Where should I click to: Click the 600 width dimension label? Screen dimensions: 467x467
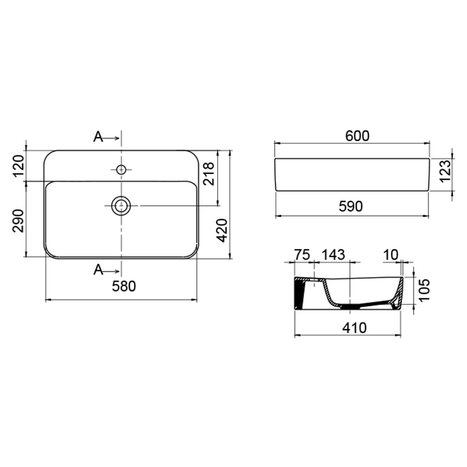pos(357,136)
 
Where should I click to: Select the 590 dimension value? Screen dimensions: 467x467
pos(351,206)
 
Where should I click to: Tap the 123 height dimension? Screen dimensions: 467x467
pos(445,171)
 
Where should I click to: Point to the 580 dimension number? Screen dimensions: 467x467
pos(124,286)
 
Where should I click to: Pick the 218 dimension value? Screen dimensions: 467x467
pos(208,174)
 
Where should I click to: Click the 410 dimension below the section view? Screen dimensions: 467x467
pos(354,328)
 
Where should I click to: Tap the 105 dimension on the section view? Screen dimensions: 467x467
pos(424,290)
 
